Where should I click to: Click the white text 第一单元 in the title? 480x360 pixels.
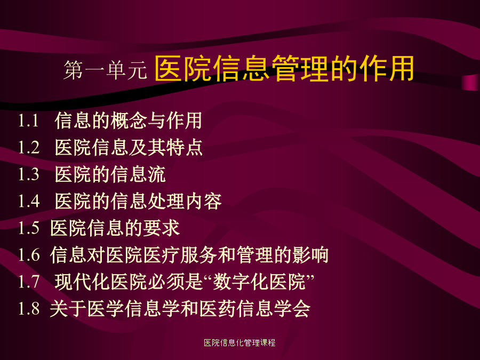(x=105, y=70)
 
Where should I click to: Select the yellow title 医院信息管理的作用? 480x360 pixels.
(x=284, y=68)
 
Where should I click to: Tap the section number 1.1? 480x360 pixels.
(x=28, y=121)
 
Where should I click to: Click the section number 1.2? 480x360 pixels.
(x=29, y=147)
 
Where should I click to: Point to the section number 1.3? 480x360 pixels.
(x=29, y=174)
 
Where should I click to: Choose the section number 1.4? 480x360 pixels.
(x=29, y=201)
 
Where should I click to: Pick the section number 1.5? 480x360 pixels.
(x=29, y=228)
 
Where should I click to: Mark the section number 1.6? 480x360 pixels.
(x=29, y=255)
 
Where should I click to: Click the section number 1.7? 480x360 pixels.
(x=29, y=282)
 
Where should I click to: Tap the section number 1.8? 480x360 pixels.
(x=29, y=308)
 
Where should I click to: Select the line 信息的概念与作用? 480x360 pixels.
(x=128, y=121)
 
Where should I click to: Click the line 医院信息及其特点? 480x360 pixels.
(x=129, y=147)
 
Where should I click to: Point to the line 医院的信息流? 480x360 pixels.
(x=110, y=174)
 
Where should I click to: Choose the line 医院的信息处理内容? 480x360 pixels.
(x=138, y=201)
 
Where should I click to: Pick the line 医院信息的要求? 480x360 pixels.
(x=115, y=228)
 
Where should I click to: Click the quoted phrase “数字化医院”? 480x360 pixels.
(x=259, y=282)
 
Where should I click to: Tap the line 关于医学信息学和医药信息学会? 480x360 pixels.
(x=180, y=308)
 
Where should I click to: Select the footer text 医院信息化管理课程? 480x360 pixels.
(x=239, y=342)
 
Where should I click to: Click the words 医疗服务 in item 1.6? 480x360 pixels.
(x=180, y=255)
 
